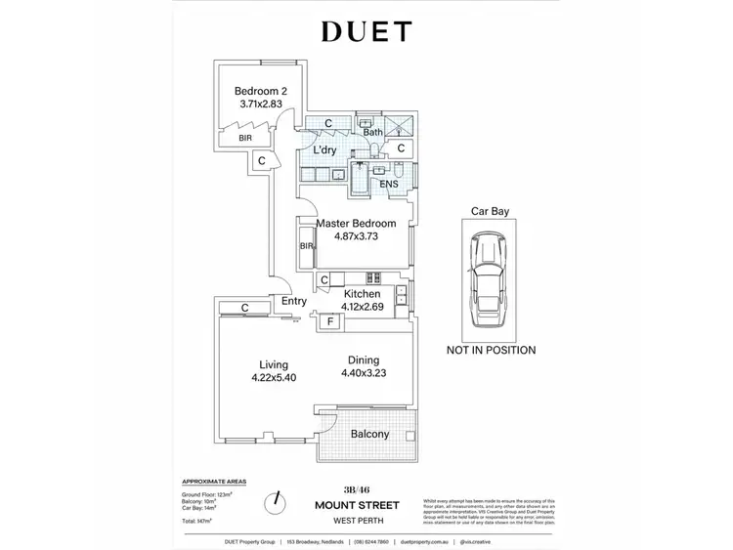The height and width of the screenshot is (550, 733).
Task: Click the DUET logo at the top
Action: (x=366, y=31)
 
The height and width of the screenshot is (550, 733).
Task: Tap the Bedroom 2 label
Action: (x=260, y=92)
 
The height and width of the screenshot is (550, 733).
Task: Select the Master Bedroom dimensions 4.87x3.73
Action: (x=349, y=237)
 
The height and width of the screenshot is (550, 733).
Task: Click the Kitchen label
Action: (x=362, y=293)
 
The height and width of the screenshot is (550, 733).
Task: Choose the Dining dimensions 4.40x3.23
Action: (x=364, y=372)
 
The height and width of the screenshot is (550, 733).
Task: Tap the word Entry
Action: (x=293, y=302)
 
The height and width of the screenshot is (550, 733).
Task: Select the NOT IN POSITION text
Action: (x=491, y=349)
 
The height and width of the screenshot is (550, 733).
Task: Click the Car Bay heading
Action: (x=490, y=210)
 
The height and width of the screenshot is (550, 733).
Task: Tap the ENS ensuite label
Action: (x=389, y=184)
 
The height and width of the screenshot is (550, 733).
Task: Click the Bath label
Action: (x=372, y=132)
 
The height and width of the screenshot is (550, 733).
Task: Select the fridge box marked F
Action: (x=330, y=321)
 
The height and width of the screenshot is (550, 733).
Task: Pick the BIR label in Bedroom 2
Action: (x=243, y=139)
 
